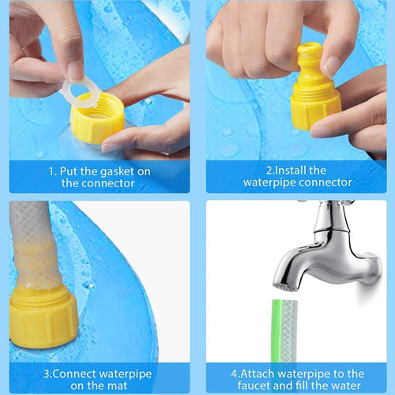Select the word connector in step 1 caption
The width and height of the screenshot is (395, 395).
(x=109, y=183)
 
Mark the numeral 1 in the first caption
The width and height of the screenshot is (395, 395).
(x=51, y=171)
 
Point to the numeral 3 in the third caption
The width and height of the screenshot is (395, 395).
(x=47, y=374)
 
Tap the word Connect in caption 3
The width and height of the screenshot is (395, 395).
(x=77, y=374)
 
